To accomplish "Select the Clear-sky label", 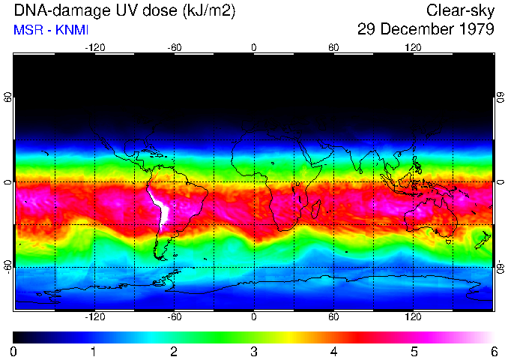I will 460,10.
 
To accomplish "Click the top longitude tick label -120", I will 94,47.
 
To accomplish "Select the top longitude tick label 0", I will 254,47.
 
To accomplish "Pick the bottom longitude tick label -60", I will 175,317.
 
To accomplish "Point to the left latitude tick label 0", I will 7,182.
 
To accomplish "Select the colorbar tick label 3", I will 254,351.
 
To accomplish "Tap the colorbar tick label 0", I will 14,351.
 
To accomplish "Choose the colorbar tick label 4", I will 334,351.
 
